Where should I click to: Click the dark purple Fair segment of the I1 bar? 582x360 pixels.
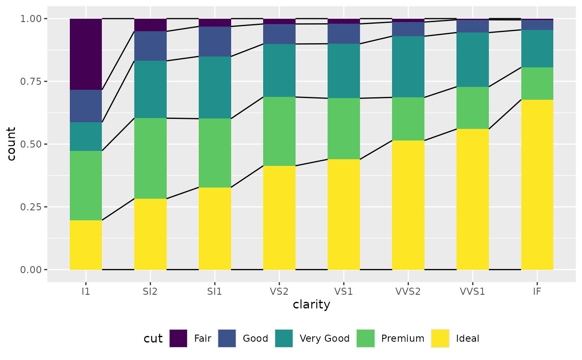[x=86, y=54]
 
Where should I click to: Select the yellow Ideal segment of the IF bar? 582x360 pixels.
[x=537, y=185]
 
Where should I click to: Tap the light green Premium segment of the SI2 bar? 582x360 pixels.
[x=150, y=158]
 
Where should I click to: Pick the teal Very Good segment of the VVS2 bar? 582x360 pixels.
[x=408, y=67]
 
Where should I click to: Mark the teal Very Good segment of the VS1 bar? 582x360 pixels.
[x=344, y=71]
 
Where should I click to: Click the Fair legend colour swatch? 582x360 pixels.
[x=178, y=338]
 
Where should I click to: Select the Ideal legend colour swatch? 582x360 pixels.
[x=440, y=338]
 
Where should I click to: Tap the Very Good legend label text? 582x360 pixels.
[x=325, y=338]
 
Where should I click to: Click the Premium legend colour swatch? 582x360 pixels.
[x=365, y=338]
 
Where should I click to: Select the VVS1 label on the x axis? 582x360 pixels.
[x=473, y=291]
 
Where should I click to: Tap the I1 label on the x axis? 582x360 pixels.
[x=86, y=291]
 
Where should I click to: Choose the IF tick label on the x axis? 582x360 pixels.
[x=537, y=291]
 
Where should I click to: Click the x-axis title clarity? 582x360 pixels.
[x=311, y=305]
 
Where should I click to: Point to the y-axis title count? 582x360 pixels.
[x=11, y=144]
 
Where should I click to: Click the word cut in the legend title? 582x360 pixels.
[x=153, y=338]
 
